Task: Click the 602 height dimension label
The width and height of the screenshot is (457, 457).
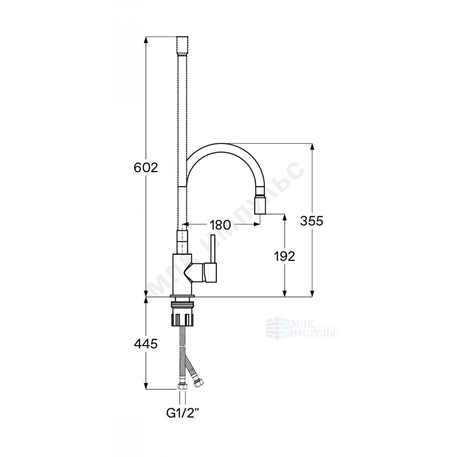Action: click(x=145, y=168)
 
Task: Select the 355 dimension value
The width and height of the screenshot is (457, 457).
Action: click(x=312, y=221)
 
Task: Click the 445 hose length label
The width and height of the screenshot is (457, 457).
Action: click(x=145, y=344)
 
